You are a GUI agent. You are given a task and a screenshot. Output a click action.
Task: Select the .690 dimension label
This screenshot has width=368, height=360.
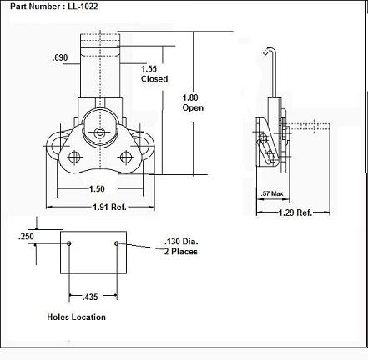click(x=60, y=57)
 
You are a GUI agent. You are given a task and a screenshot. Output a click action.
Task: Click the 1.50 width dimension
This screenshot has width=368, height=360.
click(x=97, y=189)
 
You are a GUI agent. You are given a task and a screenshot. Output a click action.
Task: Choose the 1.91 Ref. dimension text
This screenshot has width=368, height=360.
click(x=109, y=207)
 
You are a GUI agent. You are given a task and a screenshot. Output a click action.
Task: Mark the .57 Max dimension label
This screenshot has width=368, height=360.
click(x=272, y=193)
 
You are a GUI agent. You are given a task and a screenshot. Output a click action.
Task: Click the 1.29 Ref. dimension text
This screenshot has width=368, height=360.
click(x=295, y=212)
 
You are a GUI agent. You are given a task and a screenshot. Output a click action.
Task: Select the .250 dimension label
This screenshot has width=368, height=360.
click(x=26, y=237)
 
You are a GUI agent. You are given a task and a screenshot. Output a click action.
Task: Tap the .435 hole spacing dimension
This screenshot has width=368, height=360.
click(x=90, y=297)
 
